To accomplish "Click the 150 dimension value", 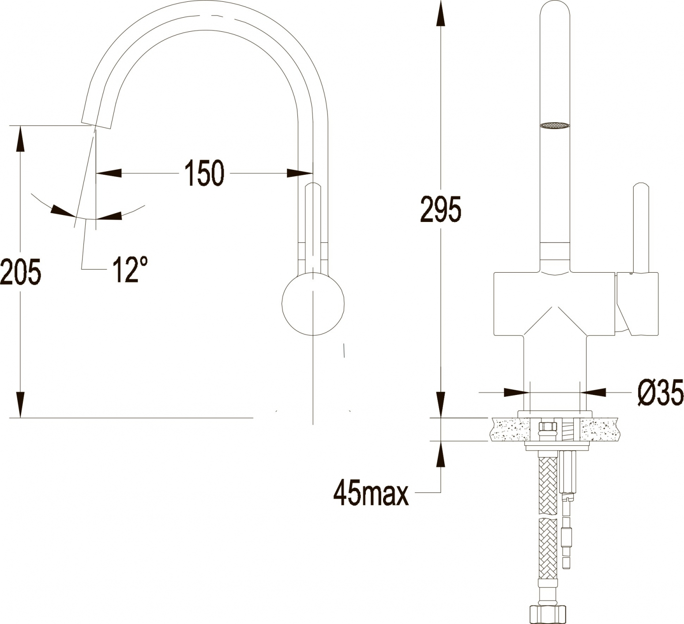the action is click(x=204, y=173).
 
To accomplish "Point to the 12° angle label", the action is click(x=129, y=269).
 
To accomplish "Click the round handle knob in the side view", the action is click(x=313, y=304).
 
